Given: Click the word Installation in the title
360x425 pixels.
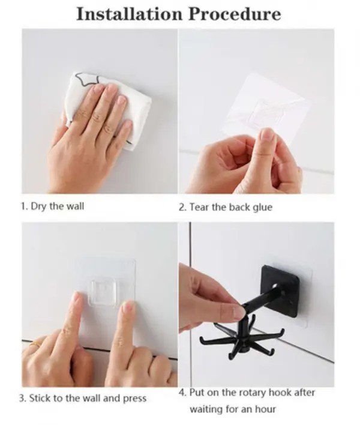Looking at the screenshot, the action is click(129, 14).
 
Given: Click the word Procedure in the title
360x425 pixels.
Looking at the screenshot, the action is click(235, 14).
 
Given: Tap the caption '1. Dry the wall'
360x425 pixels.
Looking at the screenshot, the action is click(52, 206).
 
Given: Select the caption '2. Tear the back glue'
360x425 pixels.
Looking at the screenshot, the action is click(226, 207).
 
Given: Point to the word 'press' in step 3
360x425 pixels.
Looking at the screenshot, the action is click(134, 399).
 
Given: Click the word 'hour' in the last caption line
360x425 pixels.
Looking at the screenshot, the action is click(265, 409).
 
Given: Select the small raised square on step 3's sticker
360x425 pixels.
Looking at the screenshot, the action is click(104, 293).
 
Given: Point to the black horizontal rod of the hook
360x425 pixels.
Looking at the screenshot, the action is click(260, 300).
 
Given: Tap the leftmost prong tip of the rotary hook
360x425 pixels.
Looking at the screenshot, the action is click(201, 338).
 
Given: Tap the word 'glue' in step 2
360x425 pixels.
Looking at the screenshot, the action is click(262, 208).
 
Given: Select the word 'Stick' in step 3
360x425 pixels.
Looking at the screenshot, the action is click(40, 398).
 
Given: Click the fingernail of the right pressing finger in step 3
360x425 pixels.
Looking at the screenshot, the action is click(128, 307).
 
